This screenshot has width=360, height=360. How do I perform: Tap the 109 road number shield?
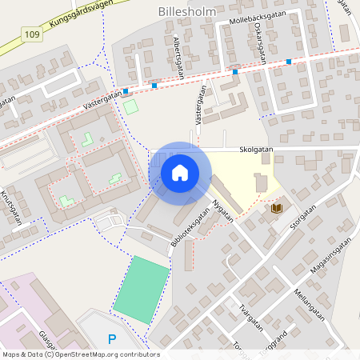[31, 34]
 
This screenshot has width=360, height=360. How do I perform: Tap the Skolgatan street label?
[255, 149]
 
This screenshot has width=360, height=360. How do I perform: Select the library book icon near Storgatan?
[277, 208]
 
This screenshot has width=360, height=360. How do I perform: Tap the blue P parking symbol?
[112, 339]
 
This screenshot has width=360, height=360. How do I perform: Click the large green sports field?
[142, 289]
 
